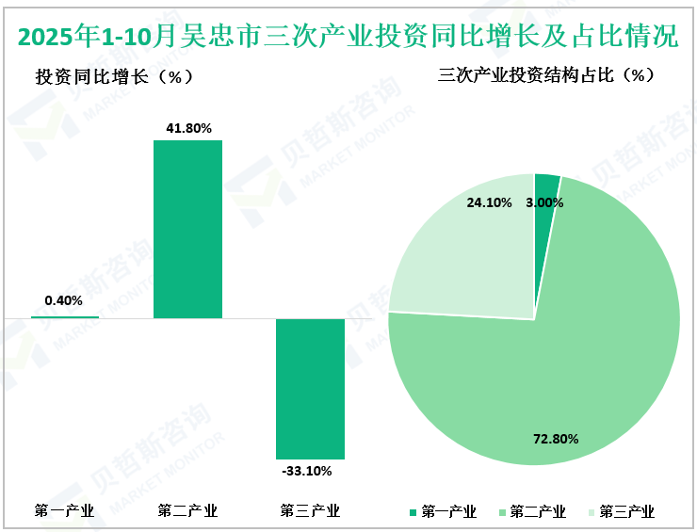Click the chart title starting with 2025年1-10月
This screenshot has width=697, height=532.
point(348,37)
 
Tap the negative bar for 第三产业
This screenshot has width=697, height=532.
point(310,388)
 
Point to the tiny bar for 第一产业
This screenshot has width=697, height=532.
point(64,316)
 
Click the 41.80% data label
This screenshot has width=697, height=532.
point(188,127)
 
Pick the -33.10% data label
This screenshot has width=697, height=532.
point(310,471)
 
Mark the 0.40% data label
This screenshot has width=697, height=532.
point(63,301)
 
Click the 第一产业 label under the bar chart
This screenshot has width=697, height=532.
point(64,511)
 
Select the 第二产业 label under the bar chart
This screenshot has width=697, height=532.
point(187,511)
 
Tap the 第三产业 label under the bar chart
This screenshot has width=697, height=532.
point(310,511)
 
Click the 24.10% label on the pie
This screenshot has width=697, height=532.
point(489,202)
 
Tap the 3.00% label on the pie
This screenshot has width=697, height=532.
point(544,202)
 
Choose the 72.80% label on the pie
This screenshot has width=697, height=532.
point(555,439)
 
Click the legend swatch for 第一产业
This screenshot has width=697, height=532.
point(413,512)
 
